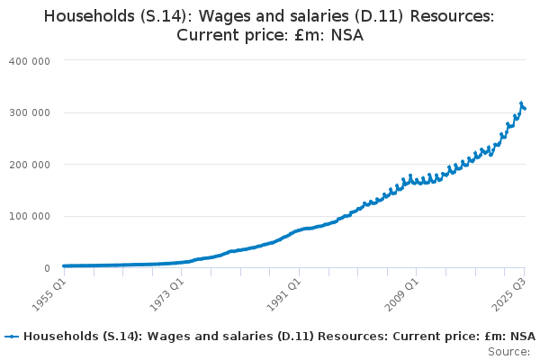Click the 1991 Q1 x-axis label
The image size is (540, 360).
[x=285, y=292]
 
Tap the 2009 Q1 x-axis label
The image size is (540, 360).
[x=402, y=292]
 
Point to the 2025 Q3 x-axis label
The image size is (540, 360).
[x=508, y=292]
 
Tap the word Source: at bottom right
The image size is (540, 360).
[x=510, y=351]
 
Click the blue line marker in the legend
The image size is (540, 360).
[x=12, y=336]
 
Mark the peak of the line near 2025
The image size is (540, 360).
[x=521, y=103]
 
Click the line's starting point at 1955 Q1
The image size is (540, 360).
[x=64, y=265]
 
